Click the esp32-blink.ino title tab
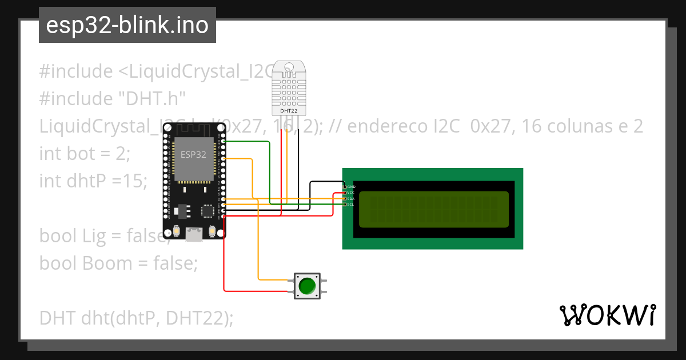pyautogui.click(x=127, y=26)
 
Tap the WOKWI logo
pyautogui.click(x=607, y=315)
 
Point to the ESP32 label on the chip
pyautogui.click(x=193, y=154)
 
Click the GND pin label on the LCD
pyautogui.click(x=351, y=187)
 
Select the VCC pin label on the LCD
pyautogui.click(x=351, y=193)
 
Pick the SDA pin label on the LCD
pyautogui.click(x=351, y=198)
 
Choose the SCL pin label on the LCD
pyautogui.click(x=351, y=204)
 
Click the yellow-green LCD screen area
pyautogui.click(x=433, y=209)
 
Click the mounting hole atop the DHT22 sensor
pyautogui.click(x=289, y=67)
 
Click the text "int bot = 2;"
pyautogui.click(x=85, y=154)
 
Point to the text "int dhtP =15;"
pyautogui.click(x=93, y=181)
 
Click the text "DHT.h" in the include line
pyautogui.click(x=152, y=99)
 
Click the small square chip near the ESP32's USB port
pyautogui.click(x=207, y=211)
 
